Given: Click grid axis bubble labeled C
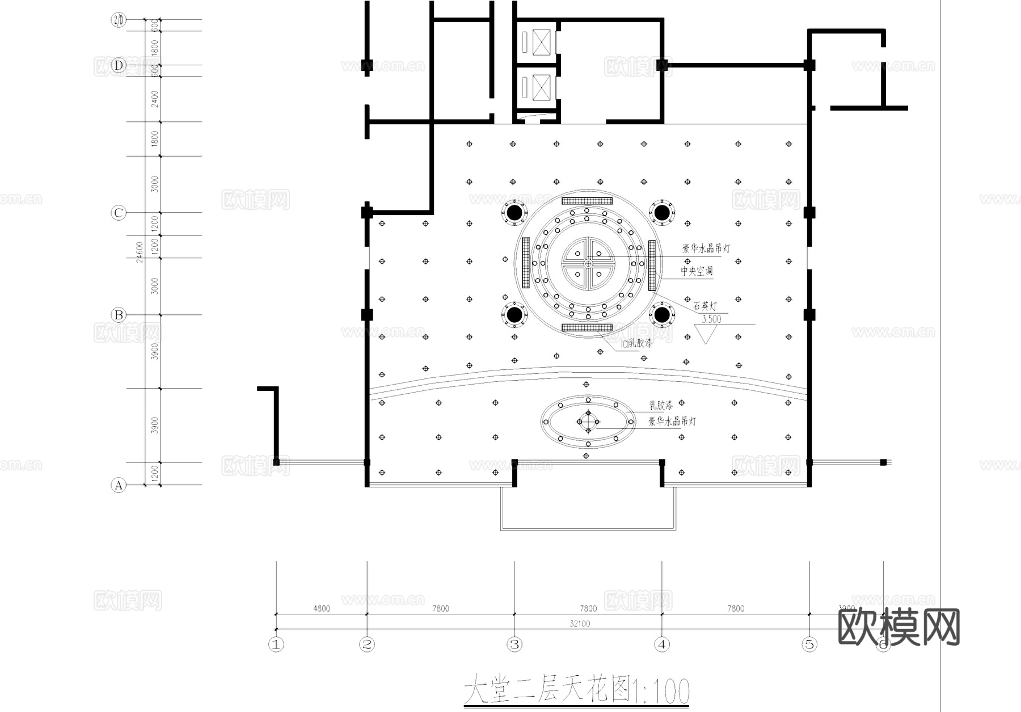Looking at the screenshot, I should point(118,213).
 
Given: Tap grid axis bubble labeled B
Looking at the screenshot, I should point(118,315).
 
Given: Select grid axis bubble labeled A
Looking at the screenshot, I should point(118,486).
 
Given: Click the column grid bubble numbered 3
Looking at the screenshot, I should point(514,644).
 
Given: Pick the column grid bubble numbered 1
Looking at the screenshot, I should point(276,644).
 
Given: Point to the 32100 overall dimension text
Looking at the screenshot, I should point(580,623).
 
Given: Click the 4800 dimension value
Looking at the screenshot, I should point(321,608).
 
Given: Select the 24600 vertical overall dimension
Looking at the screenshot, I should point(140,252).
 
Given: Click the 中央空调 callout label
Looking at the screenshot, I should point(697,271).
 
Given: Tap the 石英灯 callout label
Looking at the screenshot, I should point(705,306).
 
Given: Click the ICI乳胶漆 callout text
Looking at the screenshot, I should point(636,343).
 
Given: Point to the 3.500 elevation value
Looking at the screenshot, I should point(711,319).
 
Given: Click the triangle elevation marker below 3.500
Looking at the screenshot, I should point(706,333).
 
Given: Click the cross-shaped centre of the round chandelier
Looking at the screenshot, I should point(588,263).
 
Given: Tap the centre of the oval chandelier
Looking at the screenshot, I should point(588,422).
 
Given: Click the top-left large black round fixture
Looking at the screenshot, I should point(514,213).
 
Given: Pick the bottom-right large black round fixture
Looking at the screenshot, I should point(661,314).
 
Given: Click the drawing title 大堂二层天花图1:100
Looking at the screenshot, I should point(576,690).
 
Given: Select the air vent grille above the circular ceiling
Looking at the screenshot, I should point(587,201).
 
